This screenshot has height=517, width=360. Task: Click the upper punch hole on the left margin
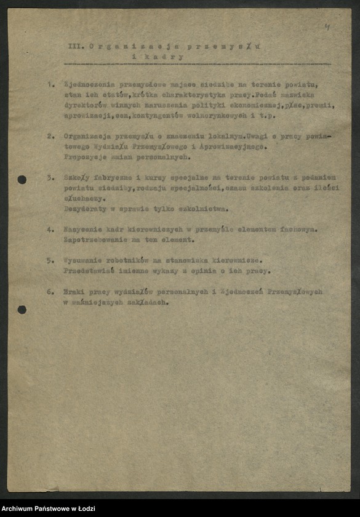pos(22,180)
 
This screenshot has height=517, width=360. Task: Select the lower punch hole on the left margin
pos(22,310)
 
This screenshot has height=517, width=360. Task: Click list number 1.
pos(50,84)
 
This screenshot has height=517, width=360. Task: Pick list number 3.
pos(50,177)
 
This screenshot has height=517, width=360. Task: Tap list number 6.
pos(50,292)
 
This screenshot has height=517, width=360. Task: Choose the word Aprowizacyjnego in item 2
pos(229,146)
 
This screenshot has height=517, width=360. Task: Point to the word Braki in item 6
pos(76,292)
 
